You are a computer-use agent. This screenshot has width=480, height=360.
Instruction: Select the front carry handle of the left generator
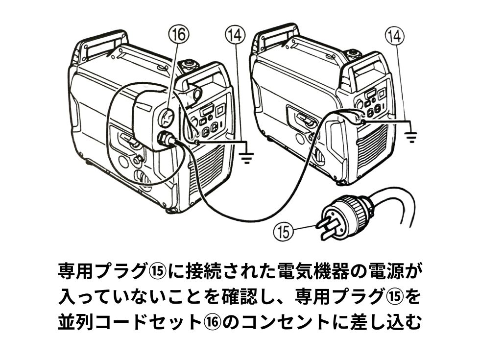pyautogui.click(x=206, y=78)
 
